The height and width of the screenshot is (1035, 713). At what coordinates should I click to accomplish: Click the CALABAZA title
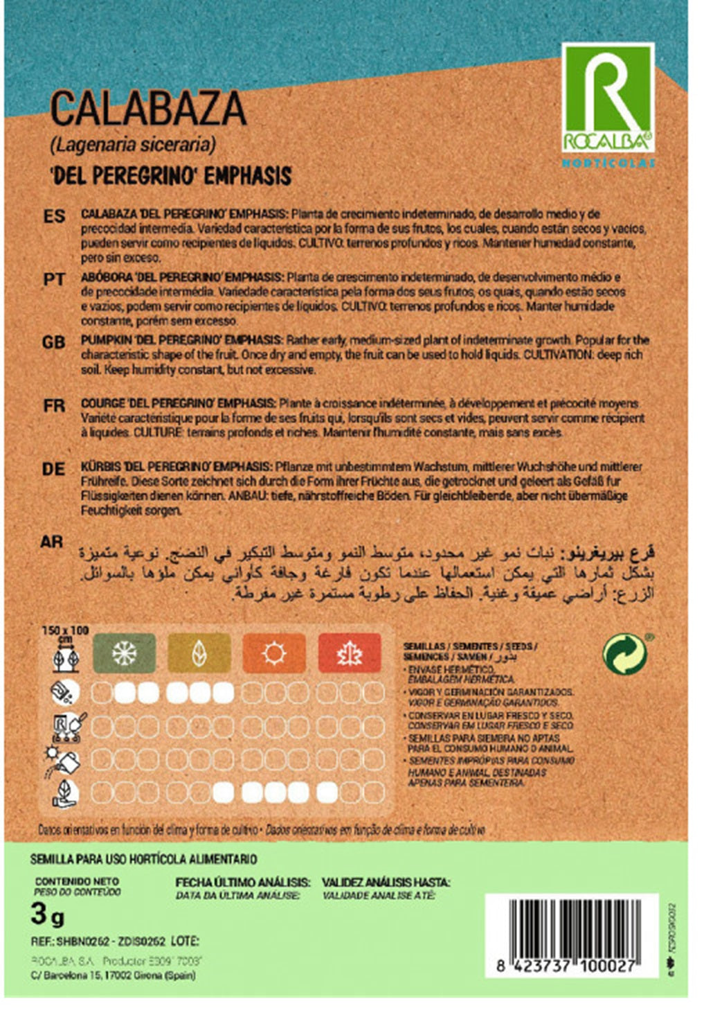(x=148, y=109)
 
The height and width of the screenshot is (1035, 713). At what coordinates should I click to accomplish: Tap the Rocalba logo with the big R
(x=608, y=98)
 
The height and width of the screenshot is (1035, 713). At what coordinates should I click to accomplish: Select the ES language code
(x=54, y=216)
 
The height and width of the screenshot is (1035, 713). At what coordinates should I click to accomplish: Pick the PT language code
(x=54, y=279)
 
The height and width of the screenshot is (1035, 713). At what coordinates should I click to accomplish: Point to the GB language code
(x=54, y=342)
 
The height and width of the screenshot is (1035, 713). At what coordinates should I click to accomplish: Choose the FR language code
(x=54, y=405)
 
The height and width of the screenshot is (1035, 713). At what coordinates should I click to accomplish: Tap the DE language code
(x=54, y=469)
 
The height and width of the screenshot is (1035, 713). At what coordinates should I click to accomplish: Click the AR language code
(x=52, y=542)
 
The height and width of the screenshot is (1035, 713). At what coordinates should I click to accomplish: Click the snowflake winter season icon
(x=125, y=653)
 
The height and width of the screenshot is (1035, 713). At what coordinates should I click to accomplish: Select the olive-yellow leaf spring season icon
(x=199, y=653)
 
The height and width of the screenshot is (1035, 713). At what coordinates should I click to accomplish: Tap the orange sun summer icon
(x=274, y=653)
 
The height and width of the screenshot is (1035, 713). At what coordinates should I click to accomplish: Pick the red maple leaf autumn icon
(x=350, y=653)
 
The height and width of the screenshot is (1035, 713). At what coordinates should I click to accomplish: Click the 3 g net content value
(x=47, y=915)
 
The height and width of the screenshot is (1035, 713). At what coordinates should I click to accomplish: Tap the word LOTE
(x=184, y=941)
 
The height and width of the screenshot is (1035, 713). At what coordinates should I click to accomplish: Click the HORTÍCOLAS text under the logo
(x=608, y=163)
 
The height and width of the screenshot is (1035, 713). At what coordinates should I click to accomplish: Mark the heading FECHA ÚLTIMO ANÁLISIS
(x=242, y=883)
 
